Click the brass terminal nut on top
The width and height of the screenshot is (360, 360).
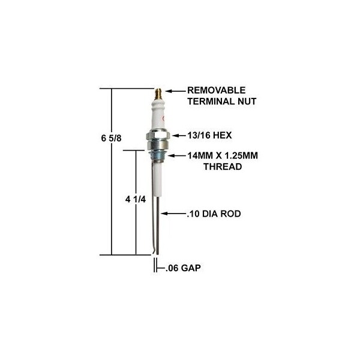[x=158, y=94]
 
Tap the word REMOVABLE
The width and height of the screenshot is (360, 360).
[x=216, y=90]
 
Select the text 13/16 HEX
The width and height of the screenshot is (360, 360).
[x=209, y=135]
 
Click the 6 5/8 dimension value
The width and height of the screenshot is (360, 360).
[x=112, y=139]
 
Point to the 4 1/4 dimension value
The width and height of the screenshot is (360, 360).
[x=136, y=199]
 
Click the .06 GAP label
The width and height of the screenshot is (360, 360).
[x=183, y=268]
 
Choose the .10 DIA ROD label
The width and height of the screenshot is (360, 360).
[x=214, y=214]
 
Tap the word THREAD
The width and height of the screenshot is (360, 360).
[x=223, y=166]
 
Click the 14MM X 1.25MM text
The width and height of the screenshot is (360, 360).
[x=223, y=155]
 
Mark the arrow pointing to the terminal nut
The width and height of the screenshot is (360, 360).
[x=176, y=91]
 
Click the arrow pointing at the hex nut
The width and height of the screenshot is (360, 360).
[x=179, y=136]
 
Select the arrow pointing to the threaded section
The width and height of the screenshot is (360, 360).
[x=177, y=155]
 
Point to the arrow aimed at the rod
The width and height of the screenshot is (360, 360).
[x=173, y=214]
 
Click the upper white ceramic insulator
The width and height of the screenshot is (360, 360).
[x=158, y=114]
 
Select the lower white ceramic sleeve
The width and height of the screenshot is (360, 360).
[x=157, y=179]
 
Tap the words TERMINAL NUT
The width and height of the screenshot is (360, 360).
[x=222, y=101]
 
